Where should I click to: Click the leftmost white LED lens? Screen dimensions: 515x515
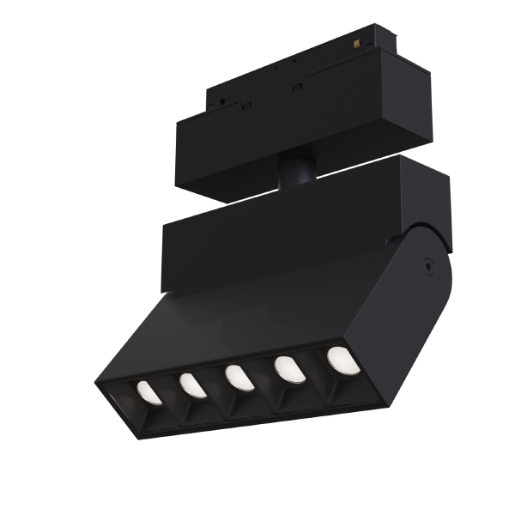coord(149,392)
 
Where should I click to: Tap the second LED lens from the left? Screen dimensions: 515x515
coord(191,385)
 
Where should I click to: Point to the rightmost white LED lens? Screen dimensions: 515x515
coord(342,360)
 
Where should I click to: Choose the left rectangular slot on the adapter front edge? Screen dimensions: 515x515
coord(246,106)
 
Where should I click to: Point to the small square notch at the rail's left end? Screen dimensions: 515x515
coord(221,100)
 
